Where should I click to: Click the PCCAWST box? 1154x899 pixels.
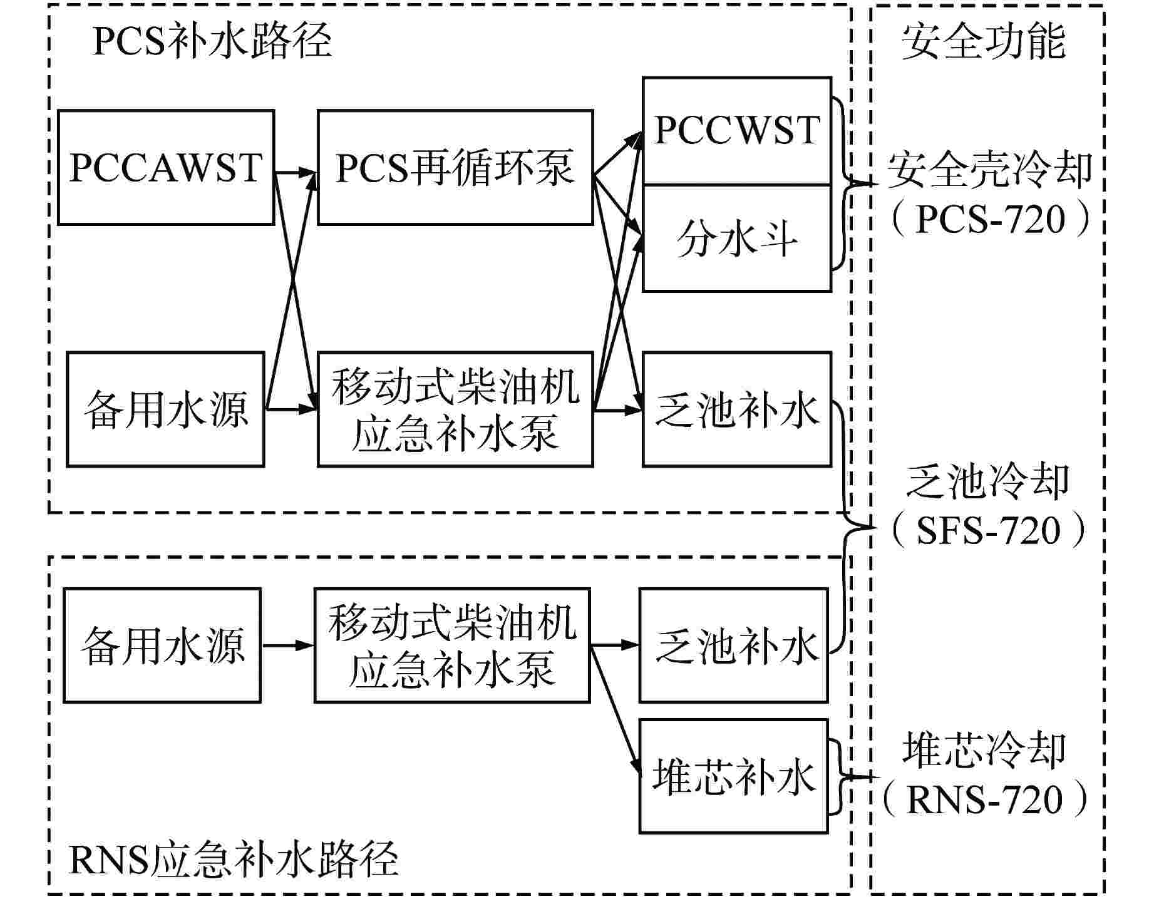pos(166,168)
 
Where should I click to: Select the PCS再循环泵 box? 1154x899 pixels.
pos(455,168)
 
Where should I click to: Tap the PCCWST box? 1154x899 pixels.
pos(737,131)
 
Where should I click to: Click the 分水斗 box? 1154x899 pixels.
pos(737,239)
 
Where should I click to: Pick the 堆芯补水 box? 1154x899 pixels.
pos(733,777)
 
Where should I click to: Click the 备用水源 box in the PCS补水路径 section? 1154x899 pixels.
pos(165,409)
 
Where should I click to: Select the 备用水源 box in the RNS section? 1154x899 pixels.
pos(162,645)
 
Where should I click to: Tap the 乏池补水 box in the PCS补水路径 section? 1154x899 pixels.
pos(737,409)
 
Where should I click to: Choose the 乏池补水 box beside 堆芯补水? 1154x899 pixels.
pos(733,645)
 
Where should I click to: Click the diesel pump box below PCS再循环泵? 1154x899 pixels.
pos(455,409)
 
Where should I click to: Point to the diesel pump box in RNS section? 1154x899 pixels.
pos(452,645)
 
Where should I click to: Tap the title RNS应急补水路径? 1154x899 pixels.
pos(233,860)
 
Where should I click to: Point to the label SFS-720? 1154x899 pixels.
pos(989,530)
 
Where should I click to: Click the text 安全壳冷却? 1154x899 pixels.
pos(989,170)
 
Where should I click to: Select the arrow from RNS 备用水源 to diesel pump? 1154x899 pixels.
pos(287,645)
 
